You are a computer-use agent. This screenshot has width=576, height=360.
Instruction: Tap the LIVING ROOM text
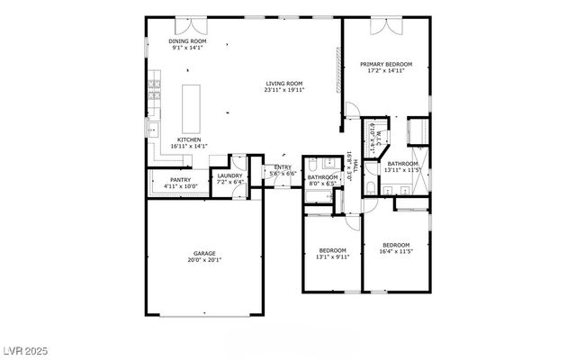tap(284, 84)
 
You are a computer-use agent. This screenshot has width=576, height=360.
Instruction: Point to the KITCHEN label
tap(189, 139)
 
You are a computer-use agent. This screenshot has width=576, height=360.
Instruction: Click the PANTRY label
tap(181, 180)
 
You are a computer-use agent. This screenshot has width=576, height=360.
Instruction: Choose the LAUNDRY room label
tap(229, 175)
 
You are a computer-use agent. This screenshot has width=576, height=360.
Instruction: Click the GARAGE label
tap(202, 254)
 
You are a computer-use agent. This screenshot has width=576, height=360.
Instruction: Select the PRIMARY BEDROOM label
tap(386, 64)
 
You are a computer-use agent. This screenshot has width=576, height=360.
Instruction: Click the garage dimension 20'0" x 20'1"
tap(202, 260)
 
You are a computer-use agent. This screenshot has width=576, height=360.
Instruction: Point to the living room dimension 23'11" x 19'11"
tap(284, 90)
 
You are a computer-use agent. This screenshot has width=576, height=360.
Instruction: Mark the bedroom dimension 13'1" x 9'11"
tap(333, 256)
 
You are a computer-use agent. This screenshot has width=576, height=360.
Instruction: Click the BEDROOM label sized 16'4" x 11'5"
tap(396, 246)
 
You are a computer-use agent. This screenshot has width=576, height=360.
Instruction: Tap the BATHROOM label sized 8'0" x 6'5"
tap(321, 177)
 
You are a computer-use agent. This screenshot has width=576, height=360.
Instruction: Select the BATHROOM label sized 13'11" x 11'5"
tap(402, 163)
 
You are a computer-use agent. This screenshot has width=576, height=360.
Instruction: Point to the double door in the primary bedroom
tap(387, 23)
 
